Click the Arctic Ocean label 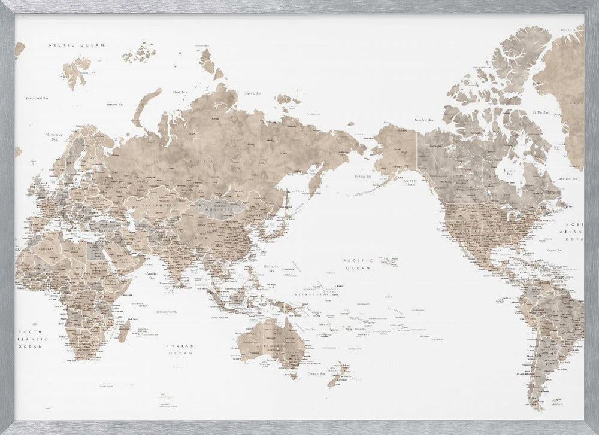point(77,45)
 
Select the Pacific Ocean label point(358,264)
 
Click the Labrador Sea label point(566,178)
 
